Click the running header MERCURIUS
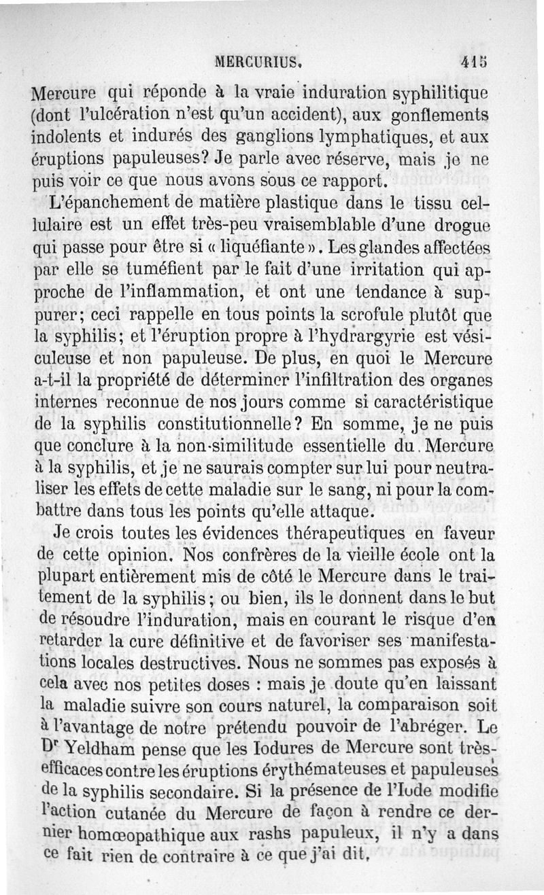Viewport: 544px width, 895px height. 258,60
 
